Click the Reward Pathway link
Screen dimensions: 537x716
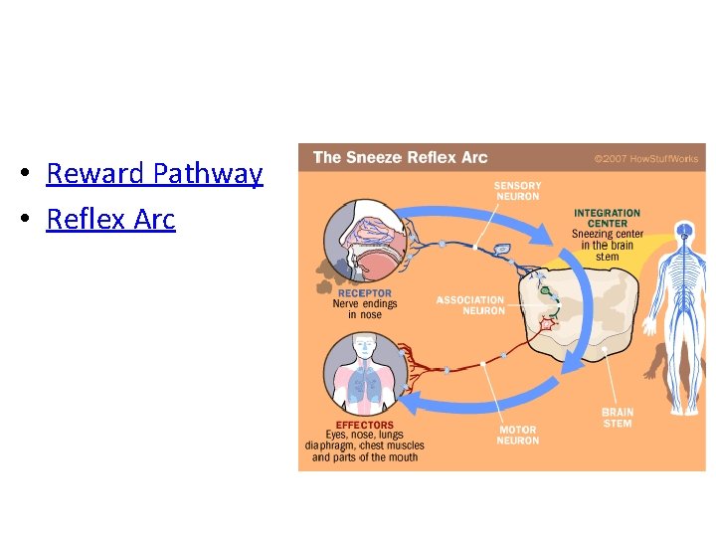coord(154,174)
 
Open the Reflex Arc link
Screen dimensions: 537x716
coord(110,219)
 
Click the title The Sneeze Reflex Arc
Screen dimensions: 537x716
coord(400,157)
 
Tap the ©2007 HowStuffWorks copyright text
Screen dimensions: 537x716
coord(645,158)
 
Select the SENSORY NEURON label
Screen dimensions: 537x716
coord(517,191)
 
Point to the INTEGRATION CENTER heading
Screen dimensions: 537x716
coord(607,218)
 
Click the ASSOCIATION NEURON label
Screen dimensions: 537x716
coord(469,305)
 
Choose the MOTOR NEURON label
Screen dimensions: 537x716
coord(518,436)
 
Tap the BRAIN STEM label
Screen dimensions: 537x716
coord(618,418)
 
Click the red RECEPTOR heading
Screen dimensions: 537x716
coord(364,293)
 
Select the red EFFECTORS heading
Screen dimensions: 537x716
coord(364,426)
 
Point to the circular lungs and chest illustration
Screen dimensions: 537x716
coord(364,372)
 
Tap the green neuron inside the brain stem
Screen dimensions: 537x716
coord(545,290)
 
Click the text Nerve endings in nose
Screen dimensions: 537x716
coord(364,309)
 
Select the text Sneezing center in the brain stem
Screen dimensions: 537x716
coord(607,246)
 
